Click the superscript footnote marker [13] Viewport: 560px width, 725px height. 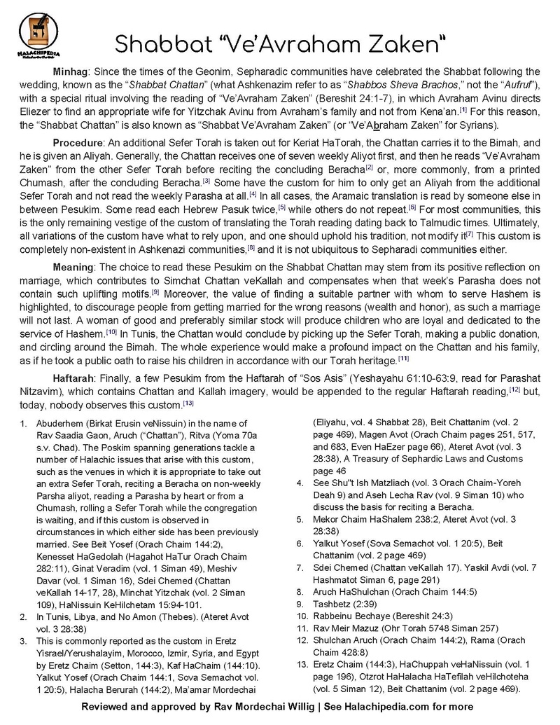point(188,403)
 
